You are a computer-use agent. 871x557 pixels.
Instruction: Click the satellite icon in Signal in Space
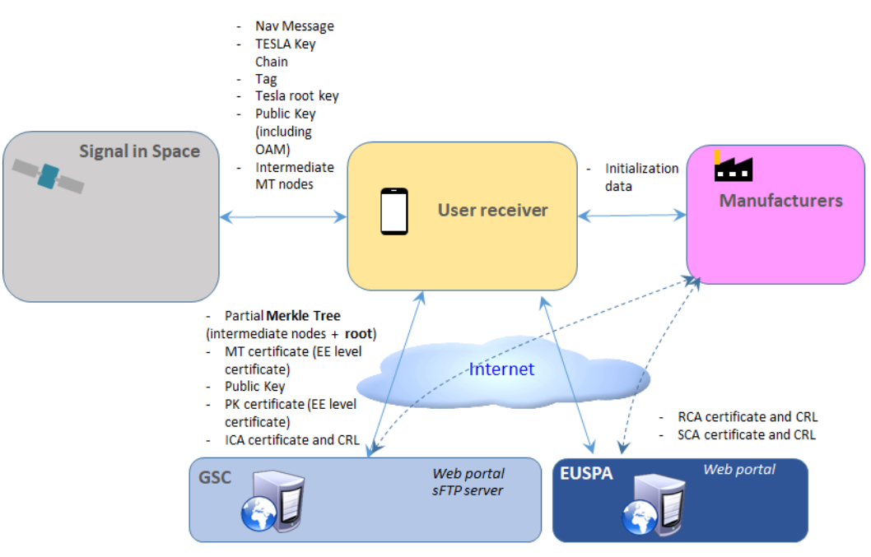pos(49,175)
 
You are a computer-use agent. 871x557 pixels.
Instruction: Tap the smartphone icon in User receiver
pos(394,212)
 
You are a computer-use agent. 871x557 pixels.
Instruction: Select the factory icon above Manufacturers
pos(733,167)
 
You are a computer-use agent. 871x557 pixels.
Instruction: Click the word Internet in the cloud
pos(501,369)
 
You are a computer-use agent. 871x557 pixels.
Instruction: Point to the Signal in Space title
pos(139,151)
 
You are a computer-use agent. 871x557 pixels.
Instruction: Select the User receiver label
pos(492,211)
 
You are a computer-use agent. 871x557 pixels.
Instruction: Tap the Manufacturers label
pos(780,201)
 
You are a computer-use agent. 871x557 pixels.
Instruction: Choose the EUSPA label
pos(585,475)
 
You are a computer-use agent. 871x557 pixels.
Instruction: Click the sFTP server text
pos(468,491)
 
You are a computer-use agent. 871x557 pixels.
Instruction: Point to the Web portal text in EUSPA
pos(738,470)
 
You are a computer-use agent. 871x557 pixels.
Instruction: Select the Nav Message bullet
pos(294,26)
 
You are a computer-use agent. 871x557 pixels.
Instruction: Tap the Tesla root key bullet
pos(296,96)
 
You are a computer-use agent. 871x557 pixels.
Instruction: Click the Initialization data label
pos(641,177)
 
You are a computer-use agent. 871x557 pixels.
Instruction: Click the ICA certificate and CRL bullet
pos(291,440)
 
